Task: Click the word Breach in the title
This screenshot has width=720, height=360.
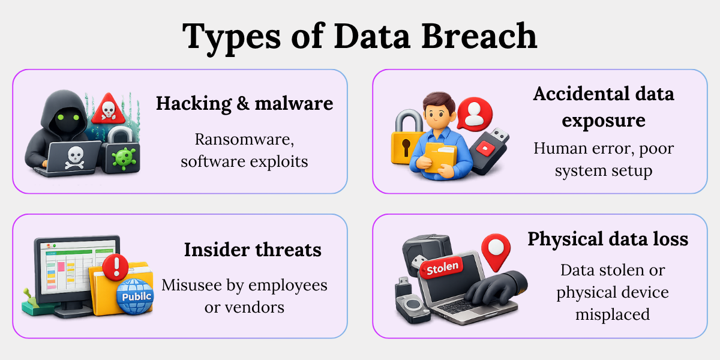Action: (x=479, y=36)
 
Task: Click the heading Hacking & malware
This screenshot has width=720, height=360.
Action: (x=245, y=103)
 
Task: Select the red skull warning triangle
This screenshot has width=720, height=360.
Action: (x=109, y=109)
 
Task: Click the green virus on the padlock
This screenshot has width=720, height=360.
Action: (x=123, y=158)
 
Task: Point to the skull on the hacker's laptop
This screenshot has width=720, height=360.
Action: (x=75, y=157)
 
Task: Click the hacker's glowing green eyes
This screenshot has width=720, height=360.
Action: (x=68, y=117)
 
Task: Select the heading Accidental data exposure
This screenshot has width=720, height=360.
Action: (x=604, y=107)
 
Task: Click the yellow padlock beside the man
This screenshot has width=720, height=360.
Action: (x=406, y=137)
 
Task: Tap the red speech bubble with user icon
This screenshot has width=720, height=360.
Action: (x=474, y=114)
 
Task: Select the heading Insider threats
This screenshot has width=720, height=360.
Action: (x=253, y=250)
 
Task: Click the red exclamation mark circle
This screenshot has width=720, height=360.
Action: (x=115, y=267)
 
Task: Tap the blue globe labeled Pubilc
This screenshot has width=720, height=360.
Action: (x=134, y=296)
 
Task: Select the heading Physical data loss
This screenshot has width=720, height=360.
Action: (x=608, y=239)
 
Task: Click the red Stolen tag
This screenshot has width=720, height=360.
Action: (x=442, y=268)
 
